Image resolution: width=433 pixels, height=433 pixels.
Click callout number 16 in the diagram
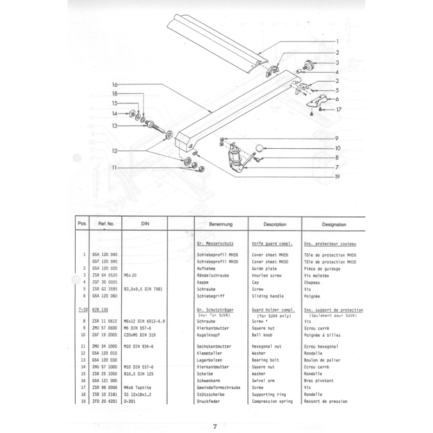click(x=114, y=85)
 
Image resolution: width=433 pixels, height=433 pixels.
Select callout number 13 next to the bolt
click(x=114, y=126)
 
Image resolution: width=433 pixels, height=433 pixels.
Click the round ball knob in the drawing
click(x=261, y=148)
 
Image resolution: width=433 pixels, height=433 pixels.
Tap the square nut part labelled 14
click(x=130, y=114)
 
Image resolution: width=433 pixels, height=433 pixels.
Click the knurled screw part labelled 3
click(x=310, y=64)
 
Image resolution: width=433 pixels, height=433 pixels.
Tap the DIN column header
click(x=145, y=224)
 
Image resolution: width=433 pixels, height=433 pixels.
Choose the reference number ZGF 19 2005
click(x=106, y=336)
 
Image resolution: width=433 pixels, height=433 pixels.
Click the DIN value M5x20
click(x=132, y=274)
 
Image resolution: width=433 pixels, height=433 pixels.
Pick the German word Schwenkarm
click(x=212, y=380)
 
